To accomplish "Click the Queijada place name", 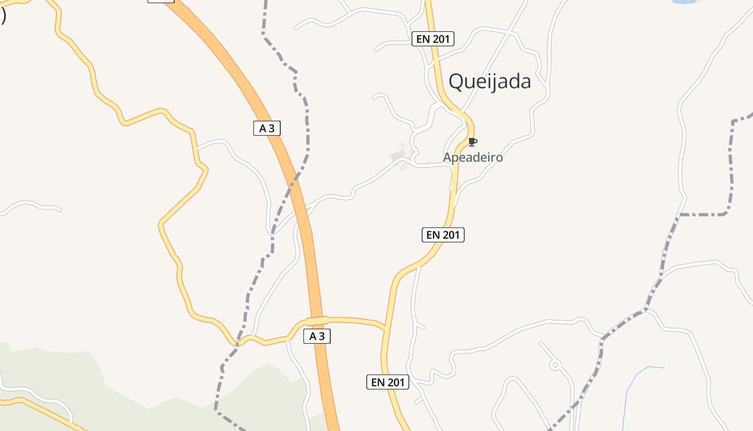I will (489, 81).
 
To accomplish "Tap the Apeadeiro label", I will (473, 157).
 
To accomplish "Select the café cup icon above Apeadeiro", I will (472, 142).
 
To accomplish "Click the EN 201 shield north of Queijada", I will (433, 39).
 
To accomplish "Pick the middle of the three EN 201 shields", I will (443, 235).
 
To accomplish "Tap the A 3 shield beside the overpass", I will (317, 336).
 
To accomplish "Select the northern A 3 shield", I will (267, 128).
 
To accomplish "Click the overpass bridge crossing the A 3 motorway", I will (317, 321).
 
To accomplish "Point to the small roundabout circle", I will (555, 365).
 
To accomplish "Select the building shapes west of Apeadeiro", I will (400, 155).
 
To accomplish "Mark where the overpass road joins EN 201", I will (385, 327).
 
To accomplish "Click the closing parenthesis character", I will (3, 16).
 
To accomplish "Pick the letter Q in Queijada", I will (456, 81).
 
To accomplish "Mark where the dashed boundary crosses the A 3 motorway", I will (295, 178).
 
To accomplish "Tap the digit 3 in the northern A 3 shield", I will (272, 128).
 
